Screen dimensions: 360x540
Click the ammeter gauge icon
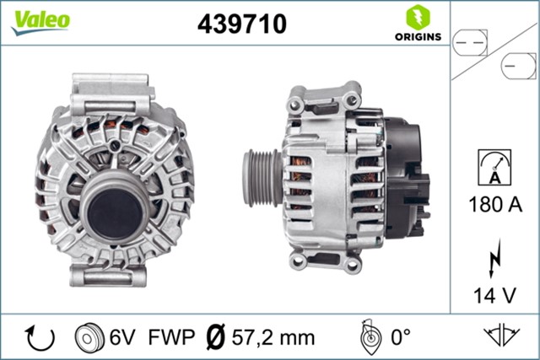coord(494,166)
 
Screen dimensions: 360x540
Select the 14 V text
coord(494,295)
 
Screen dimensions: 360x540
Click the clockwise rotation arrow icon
coord(40,336)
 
